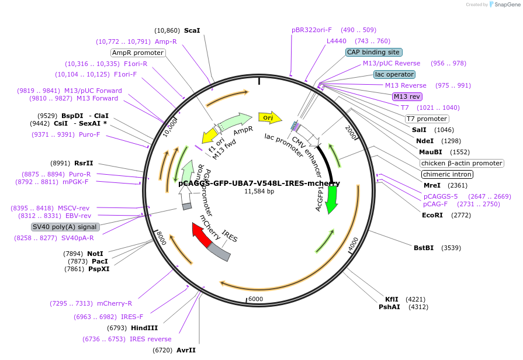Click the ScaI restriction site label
click(x=192, y=30)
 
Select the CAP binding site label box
click(x=373, y=52)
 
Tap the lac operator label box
click(x=394, y=74)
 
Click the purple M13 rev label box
click(x=407, y=96)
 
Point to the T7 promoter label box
click(x=427, y=119)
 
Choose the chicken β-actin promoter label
click(x=462, y=163)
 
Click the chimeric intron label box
click(x=447, y=174)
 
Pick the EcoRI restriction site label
click(x=432, y=215)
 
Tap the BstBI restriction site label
click(x=424, y=248)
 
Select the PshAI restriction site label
click(x=389, y=307)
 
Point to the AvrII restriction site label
click(x=186, y=350)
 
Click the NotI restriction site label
click(x=95, y=254)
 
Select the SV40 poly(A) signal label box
click(x=65, y=227)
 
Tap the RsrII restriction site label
click(x=84, y=163)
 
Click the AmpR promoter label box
click(x=138, y=53)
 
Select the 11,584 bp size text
click(x=259, y=191)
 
